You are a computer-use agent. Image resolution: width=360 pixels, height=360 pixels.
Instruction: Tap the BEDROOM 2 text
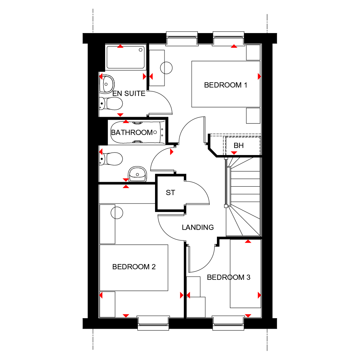coord(134,267)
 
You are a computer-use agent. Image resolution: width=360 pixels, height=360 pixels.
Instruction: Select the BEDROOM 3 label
coord(229,277)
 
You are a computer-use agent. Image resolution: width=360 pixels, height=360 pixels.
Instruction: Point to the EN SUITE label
coord(129,94)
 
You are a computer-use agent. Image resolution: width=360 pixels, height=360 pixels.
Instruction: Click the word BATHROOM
coord(132,133)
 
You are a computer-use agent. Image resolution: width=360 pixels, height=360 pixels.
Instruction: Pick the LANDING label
coord(198,227)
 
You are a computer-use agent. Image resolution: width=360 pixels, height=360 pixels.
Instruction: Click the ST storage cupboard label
coord(171,193)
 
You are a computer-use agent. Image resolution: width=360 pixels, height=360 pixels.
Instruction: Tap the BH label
coord(239,145)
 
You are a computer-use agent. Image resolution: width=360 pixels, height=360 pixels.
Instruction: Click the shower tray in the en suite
coord(126,57)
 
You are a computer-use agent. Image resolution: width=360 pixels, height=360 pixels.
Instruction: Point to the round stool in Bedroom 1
coord(166,68)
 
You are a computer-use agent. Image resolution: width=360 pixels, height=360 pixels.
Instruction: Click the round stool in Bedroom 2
coord(117,213)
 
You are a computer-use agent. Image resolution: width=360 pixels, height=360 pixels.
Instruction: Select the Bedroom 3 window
coord(228,322)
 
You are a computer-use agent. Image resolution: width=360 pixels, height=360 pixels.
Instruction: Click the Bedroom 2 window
coord(153,322)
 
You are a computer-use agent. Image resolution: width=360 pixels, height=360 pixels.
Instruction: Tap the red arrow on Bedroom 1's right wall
coord(259,76)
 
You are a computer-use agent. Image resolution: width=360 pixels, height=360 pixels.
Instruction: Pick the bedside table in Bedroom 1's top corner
coord(253,52)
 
